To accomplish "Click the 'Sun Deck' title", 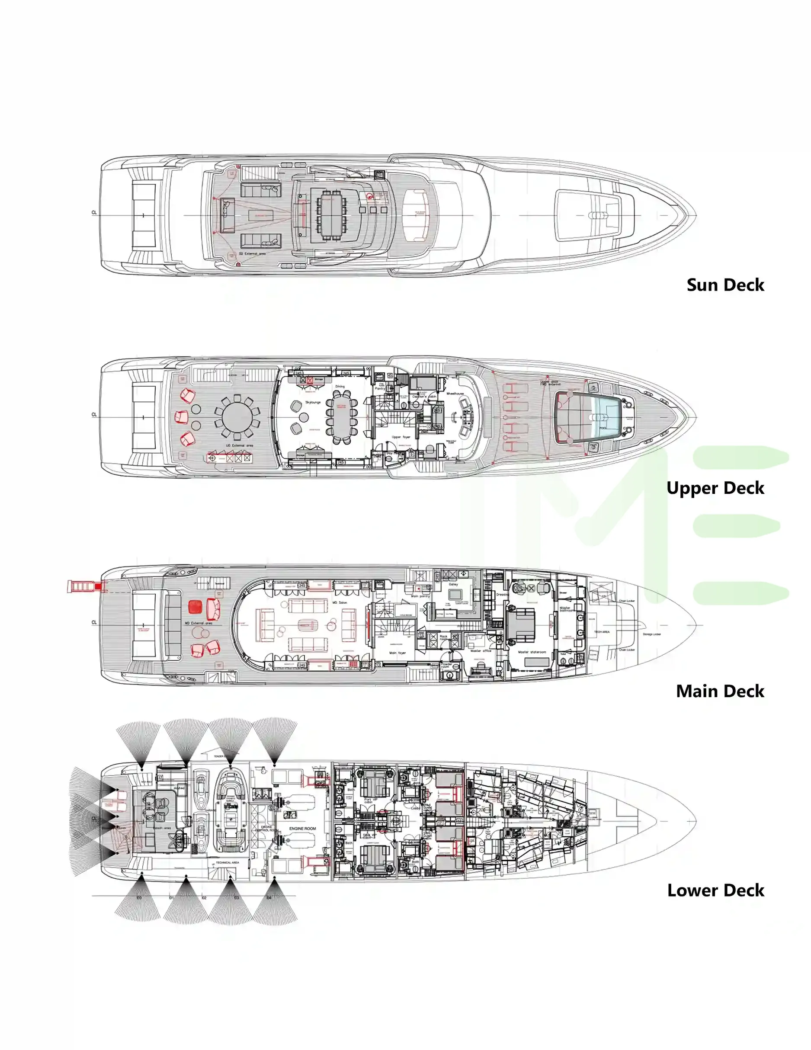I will pos(724,285).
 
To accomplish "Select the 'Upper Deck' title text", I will pos(715,488).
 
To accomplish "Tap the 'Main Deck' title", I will pos(720,691).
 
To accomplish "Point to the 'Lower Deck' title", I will pos(715,890).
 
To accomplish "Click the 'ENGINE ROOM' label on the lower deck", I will pos(302,828).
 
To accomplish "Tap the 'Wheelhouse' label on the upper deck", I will pos(455,393).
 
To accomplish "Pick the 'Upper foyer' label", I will pos(401,437).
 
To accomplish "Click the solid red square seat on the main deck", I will pos(195,607).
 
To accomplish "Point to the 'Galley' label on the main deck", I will pos(453,584).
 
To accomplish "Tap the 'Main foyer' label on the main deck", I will pos(397,653).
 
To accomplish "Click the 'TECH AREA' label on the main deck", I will pos(601,632).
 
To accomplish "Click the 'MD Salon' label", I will pos(340,602).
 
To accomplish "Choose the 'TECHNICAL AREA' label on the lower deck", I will pos(227,862).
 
